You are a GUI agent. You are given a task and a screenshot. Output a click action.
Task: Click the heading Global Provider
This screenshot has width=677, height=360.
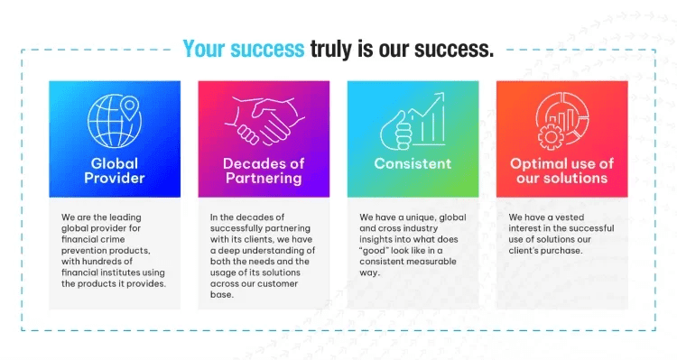(x=114, y=171)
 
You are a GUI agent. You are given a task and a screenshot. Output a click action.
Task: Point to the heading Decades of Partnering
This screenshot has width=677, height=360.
(x=263, y=171)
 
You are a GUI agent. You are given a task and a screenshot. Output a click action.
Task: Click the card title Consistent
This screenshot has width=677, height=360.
(x=413, y=164)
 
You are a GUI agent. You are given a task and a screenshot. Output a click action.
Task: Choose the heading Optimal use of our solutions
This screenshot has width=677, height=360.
(x=561, y=171)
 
